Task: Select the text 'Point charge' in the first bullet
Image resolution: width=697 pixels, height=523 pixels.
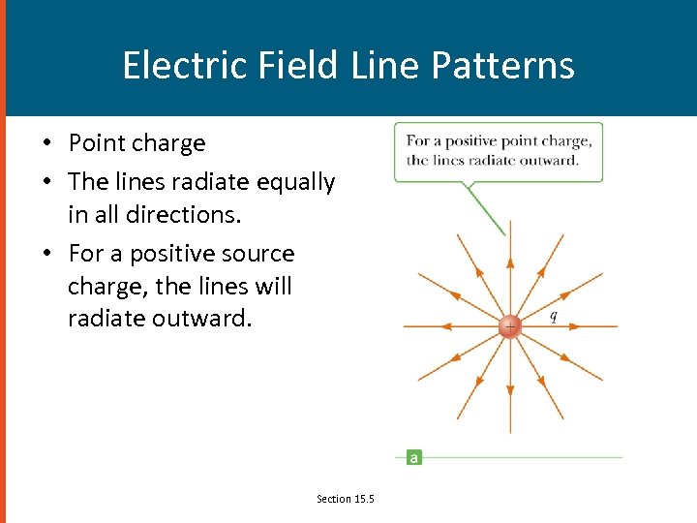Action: point(136,143)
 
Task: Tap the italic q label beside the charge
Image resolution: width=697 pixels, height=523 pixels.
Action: point(553,316)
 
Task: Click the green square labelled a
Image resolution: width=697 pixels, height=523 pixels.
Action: point(413,457)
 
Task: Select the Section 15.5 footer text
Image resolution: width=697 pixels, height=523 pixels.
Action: point(345,499)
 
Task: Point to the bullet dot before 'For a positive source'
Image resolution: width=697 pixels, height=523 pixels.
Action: point(46,254)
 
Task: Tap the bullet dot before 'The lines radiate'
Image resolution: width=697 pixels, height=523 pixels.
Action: point(46,182)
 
